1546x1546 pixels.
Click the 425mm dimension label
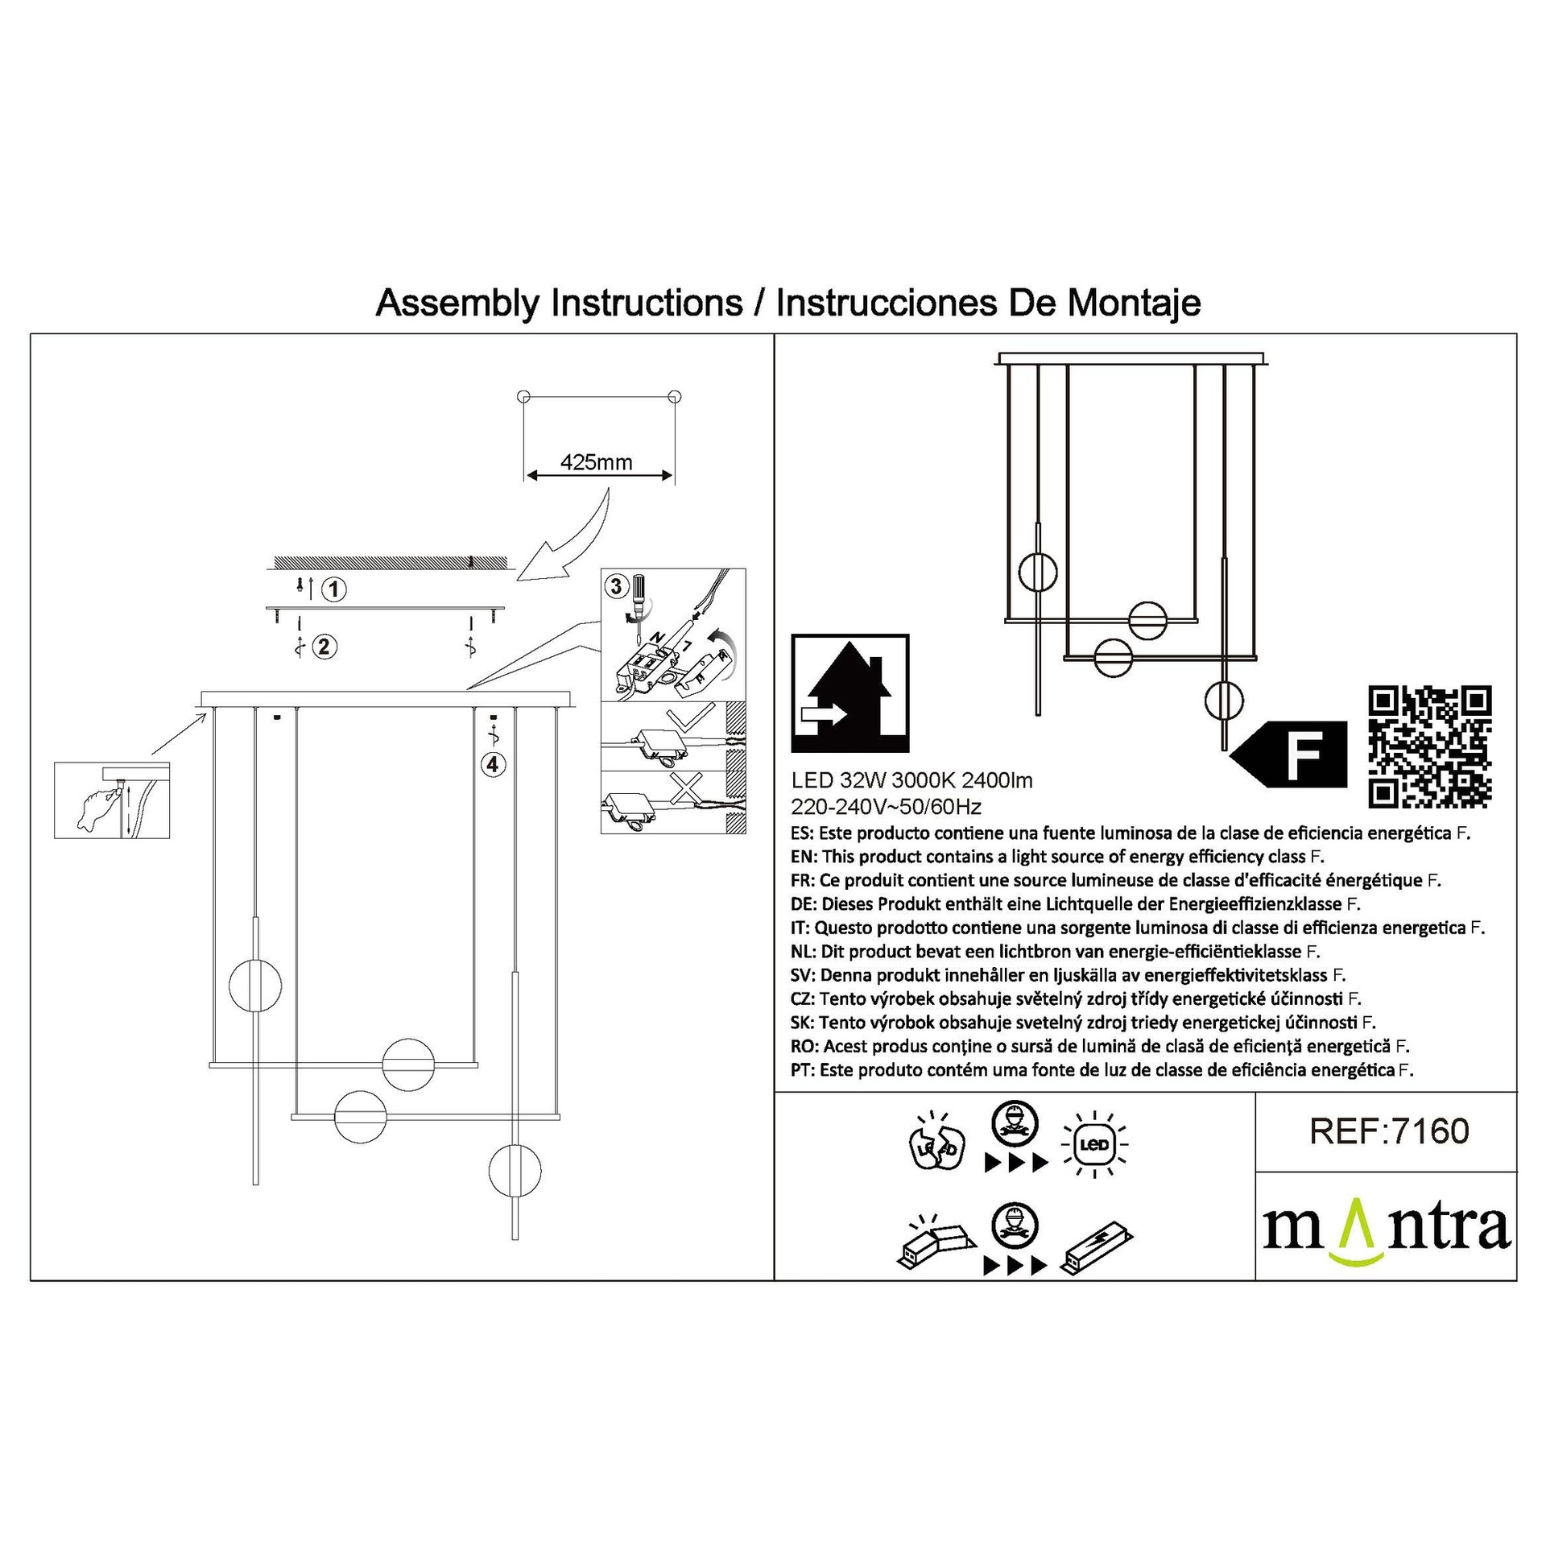coord(596,462)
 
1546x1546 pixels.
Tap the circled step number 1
coord(333,589)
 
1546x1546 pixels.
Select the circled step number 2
coord(324,647)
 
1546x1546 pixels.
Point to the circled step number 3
coord(617,585)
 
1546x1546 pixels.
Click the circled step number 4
coord(493,764)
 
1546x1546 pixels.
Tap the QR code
coord(1429,746)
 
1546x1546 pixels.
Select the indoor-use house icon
coord(850,694)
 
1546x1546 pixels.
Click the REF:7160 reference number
coord(1389,1131)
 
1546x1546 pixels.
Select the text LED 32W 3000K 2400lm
coord(911,780)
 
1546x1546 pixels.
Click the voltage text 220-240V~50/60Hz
coord(887,807)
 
